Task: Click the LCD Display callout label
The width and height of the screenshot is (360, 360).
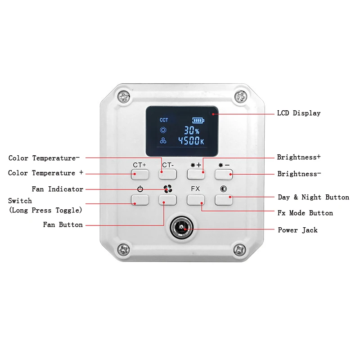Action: pyautogui.click(x=298, y=113)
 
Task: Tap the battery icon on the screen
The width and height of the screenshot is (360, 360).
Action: pyautogui.click(x=198, y=120)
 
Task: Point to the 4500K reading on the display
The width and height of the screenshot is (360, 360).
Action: pyautogui.click(x=191, y=141)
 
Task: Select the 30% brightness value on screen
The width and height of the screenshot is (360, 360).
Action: pyautogui.click(x=191, y=130)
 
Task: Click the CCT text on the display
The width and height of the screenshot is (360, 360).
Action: pyautogui.click(x=164, y=120)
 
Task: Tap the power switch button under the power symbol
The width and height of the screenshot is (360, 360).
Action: pyautogui.click(x=140, y=200)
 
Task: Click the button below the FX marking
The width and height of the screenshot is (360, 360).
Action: pyautogui.click(x=196, y=200)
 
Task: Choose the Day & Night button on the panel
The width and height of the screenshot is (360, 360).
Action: pyautogui.click(x=224, y=200)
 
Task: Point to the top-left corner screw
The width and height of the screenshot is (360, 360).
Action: pyautogui.click(x=123, y=96)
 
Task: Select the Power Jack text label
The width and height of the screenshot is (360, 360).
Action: pyautogui.click(x=297, y=230)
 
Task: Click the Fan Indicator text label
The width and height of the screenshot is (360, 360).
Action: pyautogui.click(x=58, y=189)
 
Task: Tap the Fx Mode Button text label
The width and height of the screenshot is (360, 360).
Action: pyautogui.click(x=305, y=213)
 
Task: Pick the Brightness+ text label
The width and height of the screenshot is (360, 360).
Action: pyautogui.click(x=299, y=157)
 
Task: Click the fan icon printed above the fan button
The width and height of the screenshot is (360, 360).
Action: pyautogui.click(x=167, y=189)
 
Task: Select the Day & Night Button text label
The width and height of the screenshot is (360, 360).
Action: pyautogui.click(x=313, y=197)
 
